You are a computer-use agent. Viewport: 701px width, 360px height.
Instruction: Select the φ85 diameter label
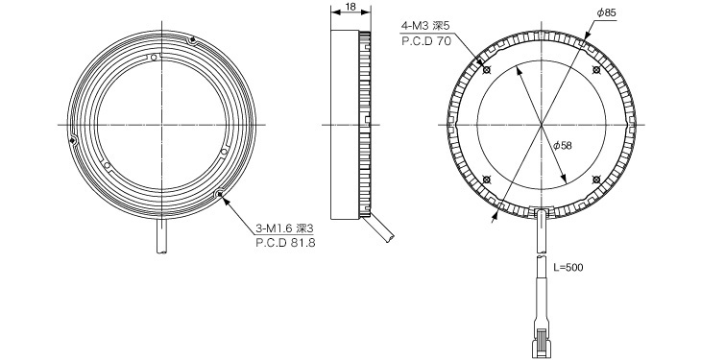click(x=606, y=12)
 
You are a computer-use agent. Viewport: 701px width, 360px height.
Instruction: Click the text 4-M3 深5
click(x=425, y=24)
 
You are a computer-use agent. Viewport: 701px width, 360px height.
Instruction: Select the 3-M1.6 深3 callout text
click(x=286, y=228)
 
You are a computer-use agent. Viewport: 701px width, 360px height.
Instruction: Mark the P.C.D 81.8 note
click(x=286, y=244)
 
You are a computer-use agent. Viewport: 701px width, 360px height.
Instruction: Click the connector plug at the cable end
click(x=543, y=337)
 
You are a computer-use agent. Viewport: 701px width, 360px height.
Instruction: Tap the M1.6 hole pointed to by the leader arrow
click(x=222, y=195)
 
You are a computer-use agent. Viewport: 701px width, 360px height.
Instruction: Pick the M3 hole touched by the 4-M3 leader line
click(x=487, y=71)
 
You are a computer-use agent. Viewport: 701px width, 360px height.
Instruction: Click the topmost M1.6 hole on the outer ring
click(x=193, y=40)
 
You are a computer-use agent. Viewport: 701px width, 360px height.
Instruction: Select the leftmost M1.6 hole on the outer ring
click(x=73, y=141)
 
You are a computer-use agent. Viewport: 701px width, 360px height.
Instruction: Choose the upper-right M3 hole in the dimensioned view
click(x=596, y=71)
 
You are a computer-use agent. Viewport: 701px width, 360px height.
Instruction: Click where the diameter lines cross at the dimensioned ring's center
click(x=542, y=126)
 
